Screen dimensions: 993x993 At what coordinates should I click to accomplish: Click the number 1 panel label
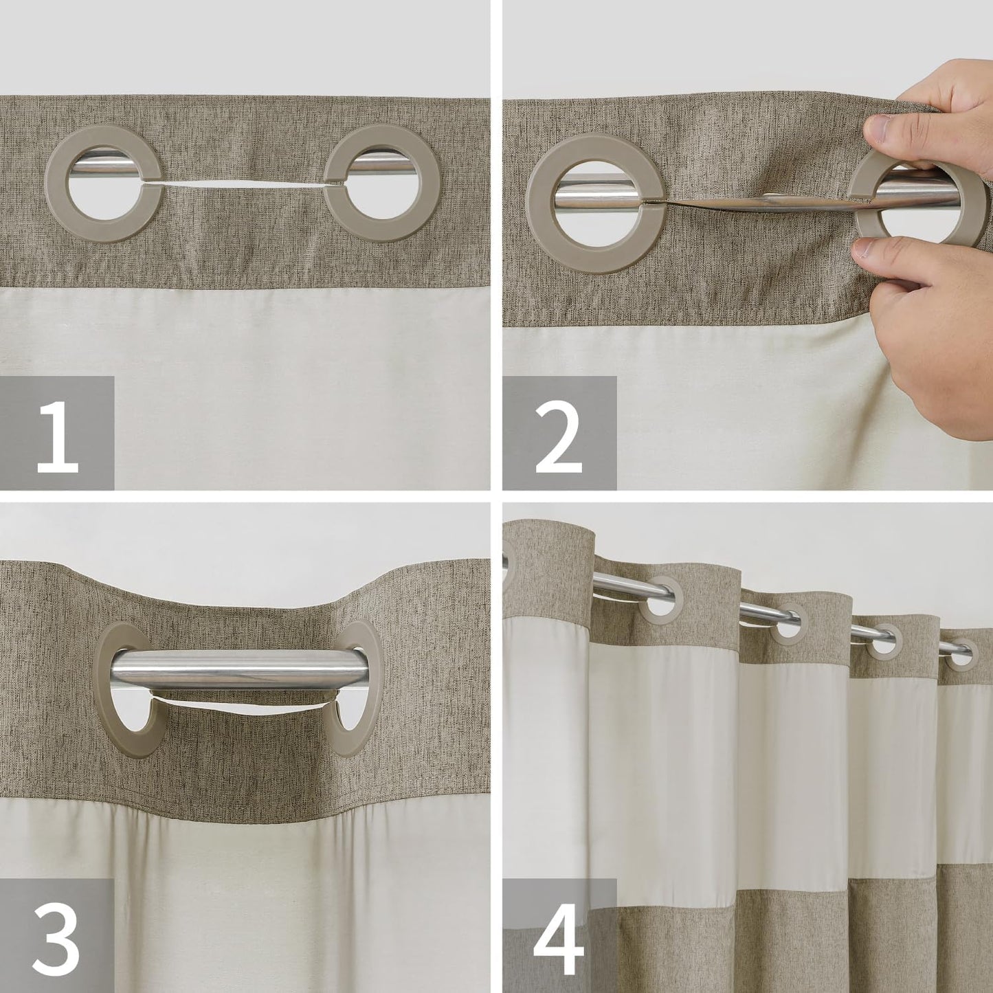tap(57, 433)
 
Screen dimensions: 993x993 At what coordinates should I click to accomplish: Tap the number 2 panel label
tap(559, 433)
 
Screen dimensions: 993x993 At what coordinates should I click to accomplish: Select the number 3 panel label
tap(57, 935)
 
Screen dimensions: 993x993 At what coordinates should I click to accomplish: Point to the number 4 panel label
tap(559, 935)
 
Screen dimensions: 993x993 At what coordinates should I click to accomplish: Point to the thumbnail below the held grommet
tap(868, 249)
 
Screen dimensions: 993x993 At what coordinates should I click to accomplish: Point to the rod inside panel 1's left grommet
tap(103, 169)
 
